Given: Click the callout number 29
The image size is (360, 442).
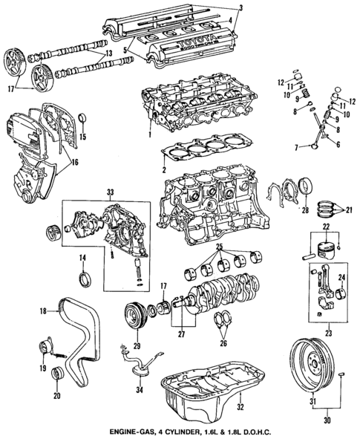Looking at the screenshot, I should coord(137,347).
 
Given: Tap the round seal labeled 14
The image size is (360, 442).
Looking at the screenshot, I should coord(84,279).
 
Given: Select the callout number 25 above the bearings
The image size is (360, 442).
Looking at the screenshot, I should coord(217,245).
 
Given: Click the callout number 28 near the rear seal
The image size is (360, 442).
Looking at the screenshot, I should coord(304,212).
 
